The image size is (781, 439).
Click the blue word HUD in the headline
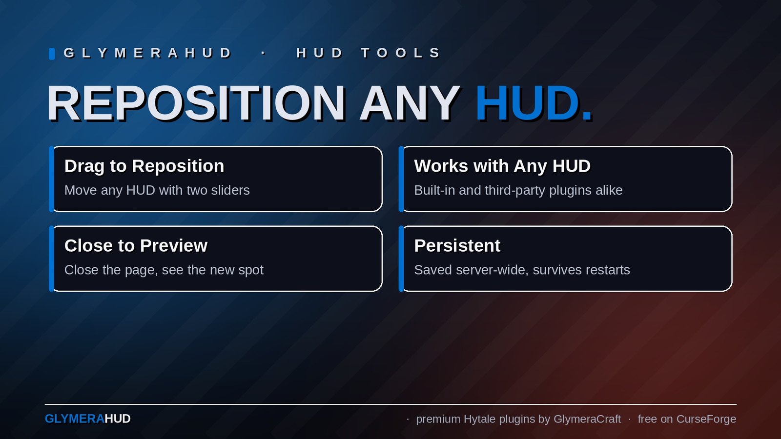(x=527, y=103)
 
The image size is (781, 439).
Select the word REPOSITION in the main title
(x=196, y=103)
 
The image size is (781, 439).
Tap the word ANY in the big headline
(x=410, y=103)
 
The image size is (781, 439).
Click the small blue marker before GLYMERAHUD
(x=52, y=54)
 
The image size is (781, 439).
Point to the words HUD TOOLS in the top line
(x=368, y=53)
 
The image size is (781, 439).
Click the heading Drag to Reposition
(x=144, y=166)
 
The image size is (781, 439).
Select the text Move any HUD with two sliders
(x=157, y=190)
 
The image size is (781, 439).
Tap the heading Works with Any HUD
(x=502, y=166)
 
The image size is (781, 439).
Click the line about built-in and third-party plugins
(x=518, y=190)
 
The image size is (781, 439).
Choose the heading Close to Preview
(x=136, y=246)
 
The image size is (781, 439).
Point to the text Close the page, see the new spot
(x=164, y=270)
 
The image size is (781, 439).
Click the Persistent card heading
(x=457, y=246)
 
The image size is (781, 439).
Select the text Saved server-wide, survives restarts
(x=522, y=270)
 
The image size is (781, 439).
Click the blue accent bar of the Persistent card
(x=401, y=259)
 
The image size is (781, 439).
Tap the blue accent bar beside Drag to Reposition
(x=51, y=179)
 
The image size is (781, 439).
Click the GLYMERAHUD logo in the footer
(x=87, y=419)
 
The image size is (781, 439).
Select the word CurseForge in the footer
(x=706, y=419)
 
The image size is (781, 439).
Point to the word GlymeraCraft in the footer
(x=587, y=419)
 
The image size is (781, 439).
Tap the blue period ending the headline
(x=587, y=117)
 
